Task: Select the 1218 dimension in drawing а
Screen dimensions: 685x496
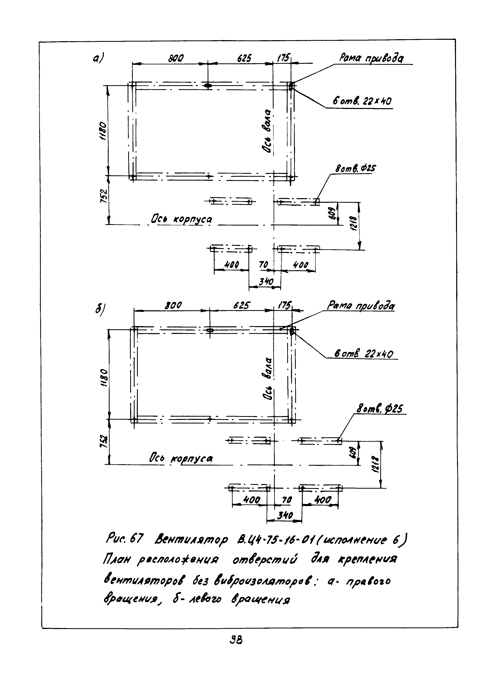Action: (x=354, y=223)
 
